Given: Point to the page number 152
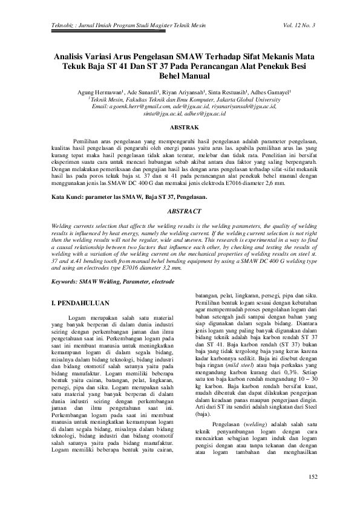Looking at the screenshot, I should click(313, 478).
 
